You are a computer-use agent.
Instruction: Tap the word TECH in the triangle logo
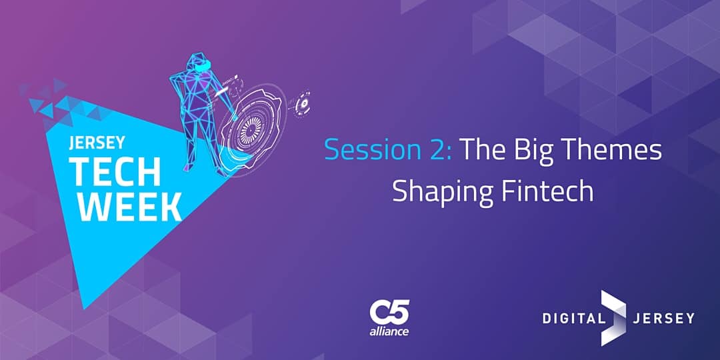115,171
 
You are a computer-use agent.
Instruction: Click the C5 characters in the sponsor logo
389,312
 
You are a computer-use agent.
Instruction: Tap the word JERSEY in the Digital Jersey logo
663,318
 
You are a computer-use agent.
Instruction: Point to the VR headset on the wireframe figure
201,67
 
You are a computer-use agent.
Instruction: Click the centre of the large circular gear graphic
251,124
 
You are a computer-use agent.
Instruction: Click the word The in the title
485,150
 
